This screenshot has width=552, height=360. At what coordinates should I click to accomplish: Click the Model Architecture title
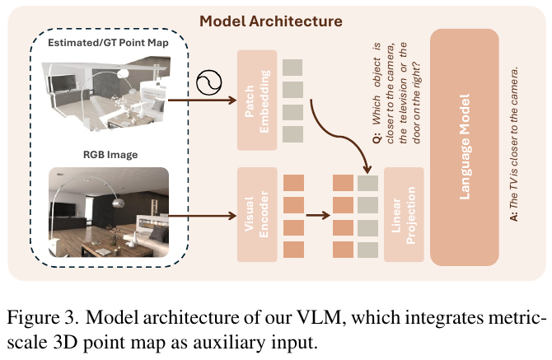[271, 21]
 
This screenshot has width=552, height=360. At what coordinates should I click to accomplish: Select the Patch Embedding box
[257, 101]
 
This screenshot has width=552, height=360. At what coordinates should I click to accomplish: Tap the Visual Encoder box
[257, 214]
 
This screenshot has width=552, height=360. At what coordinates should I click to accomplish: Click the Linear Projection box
[404, 214]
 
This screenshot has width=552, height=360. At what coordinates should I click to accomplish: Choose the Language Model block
[465, 147]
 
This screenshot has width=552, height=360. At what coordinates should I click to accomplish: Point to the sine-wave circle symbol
[208, 82]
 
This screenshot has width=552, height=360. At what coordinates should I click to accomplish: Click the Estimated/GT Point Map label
[108, 43]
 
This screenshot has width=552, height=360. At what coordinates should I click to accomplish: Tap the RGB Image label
[110, 155]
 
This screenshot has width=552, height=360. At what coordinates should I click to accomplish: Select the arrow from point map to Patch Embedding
[202, 101]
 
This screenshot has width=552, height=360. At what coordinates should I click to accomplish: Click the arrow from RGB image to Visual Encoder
[202, 215]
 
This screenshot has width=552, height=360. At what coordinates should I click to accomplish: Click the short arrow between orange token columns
[318, 215]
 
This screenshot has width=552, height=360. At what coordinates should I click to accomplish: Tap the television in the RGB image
[63, 209]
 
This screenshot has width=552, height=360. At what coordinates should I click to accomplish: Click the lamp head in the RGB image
[118, 203]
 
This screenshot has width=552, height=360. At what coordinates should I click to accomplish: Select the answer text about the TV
[514, 144]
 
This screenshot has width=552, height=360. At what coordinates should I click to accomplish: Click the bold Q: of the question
[377, 138]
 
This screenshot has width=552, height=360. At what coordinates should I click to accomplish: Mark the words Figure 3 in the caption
[42, 318]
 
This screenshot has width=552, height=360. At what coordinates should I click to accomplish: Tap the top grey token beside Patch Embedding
[292, 68]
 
